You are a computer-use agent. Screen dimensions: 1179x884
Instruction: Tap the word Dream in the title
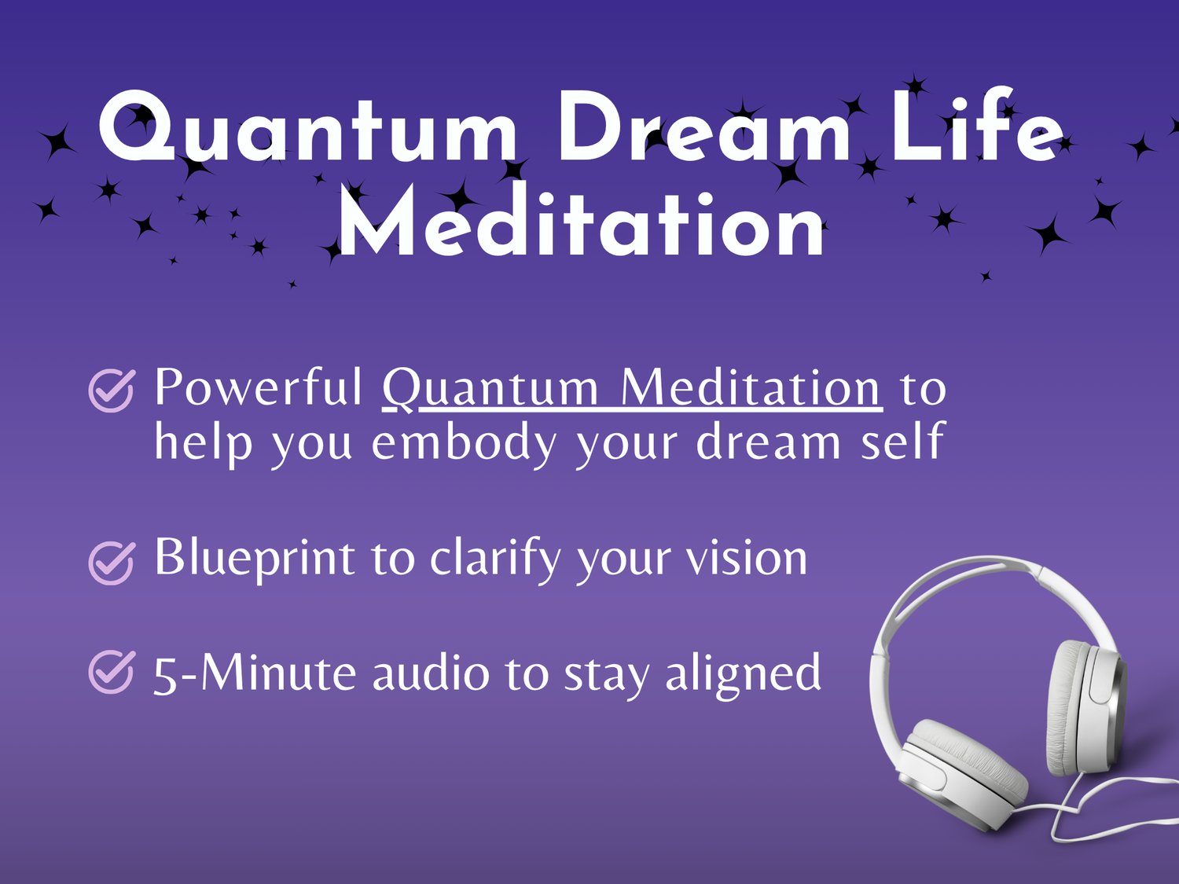[704, 126]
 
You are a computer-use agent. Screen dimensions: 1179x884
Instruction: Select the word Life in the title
[977, 124]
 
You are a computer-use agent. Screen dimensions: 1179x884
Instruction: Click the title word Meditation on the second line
[581, 220]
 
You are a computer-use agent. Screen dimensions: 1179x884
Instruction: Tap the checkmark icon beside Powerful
[111, 391]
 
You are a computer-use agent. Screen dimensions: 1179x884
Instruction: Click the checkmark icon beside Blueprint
[111, 563]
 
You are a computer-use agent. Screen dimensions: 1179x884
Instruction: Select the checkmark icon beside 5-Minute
[111, 672]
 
